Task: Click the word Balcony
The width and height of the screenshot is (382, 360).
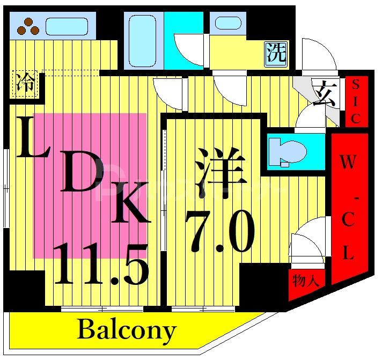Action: pos(127,330)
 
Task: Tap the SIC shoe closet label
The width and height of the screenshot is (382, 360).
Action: pos(355,101)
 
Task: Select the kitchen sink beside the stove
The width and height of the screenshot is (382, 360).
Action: pos(67,25)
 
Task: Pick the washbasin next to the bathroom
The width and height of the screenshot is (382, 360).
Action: pos(228,23)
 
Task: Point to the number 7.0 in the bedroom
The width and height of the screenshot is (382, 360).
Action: pos(218,232)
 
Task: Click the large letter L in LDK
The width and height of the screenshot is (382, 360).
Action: pos(31,138)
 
